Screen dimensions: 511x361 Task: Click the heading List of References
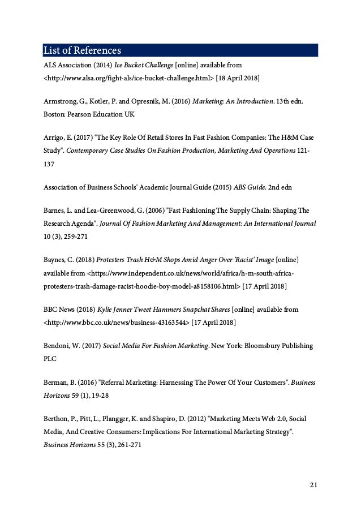(x=82, y=50)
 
